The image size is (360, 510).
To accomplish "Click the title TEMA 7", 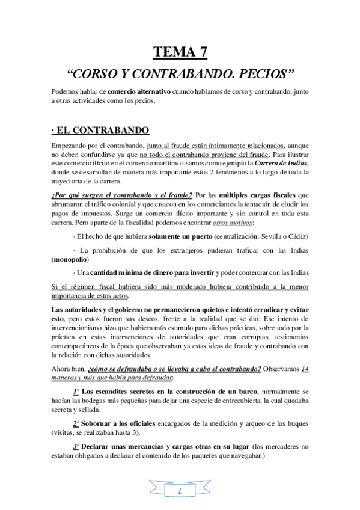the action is (x=180, y=52).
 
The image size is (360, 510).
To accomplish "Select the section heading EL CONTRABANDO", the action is (x=102, y=130).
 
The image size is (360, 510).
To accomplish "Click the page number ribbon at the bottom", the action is (x=180, y=490).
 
